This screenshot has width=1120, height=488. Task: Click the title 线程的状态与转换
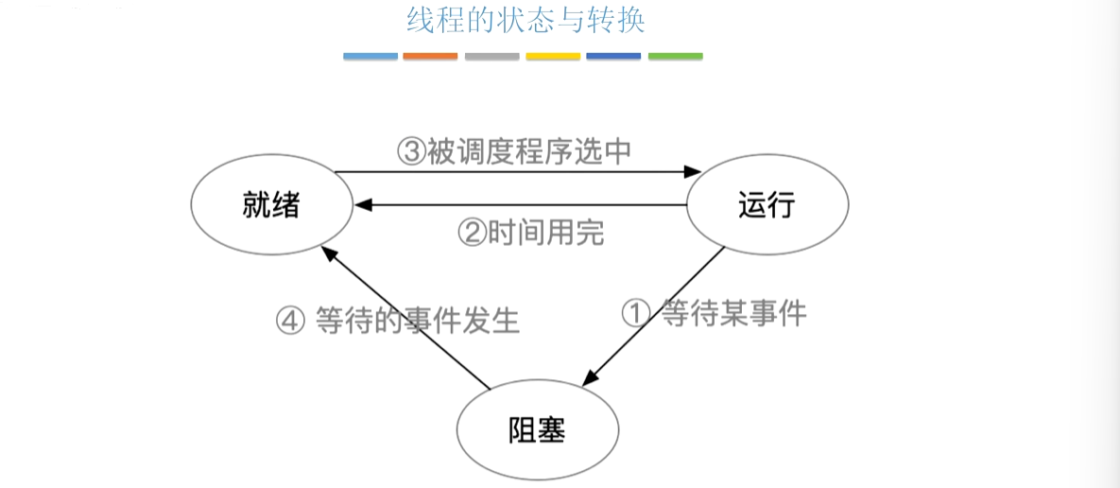point(526,21)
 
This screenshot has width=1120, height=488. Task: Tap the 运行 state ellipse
point(767,205)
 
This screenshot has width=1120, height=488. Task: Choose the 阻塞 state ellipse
point(537,431)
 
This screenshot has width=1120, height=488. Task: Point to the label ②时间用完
point(530,232)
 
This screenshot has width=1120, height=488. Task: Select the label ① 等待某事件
point(715,313)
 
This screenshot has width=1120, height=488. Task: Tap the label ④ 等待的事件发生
point(398,320)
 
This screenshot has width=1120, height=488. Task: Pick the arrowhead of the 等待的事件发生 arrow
point(325,250)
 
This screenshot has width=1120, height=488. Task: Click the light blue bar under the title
point(370,57)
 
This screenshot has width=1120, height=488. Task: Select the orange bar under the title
point(430,57)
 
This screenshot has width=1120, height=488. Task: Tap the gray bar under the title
point(491,57)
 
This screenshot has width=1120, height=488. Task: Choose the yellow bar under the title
point(553,57)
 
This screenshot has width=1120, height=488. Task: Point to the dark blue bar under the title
point(613,57)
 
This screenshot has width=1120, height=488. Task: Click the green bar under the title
point(675,57)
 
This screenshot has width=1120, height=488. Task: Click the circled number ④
point(290,321)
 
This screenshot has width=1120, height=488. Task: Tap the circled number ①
point(635,313)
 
